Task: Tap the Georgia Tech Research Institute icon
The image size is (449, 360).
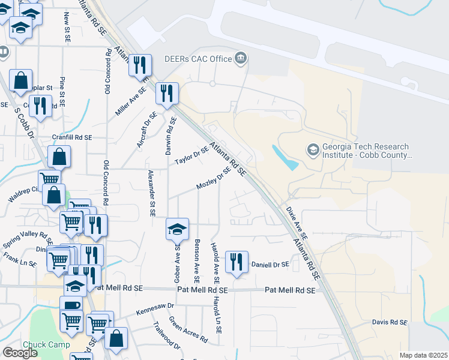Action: pyautogui.click(x=312, y=148)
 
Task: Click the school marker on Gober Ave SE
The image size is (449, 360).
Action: pyautogui.click(x=177, y=229)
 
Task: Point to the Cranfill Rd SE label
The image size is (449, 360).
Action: pyautogui.click(x=71, y=137)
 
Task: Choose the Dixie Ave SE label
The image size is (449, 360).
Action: pyautogui.click(x=297, y=223)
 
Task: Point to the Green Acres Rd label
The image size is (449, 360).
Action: pyautogui.click(x=187, y=330)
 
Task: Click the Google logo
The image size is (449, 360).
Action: pyautogui.click(x=20, y=353)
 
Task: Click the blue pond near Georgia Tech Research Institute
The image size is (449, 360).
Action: pyautogui.click(x=286, y=157)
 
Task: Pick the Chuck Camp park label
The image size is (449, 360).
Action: pyautogui.click(x=46, y=344)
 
